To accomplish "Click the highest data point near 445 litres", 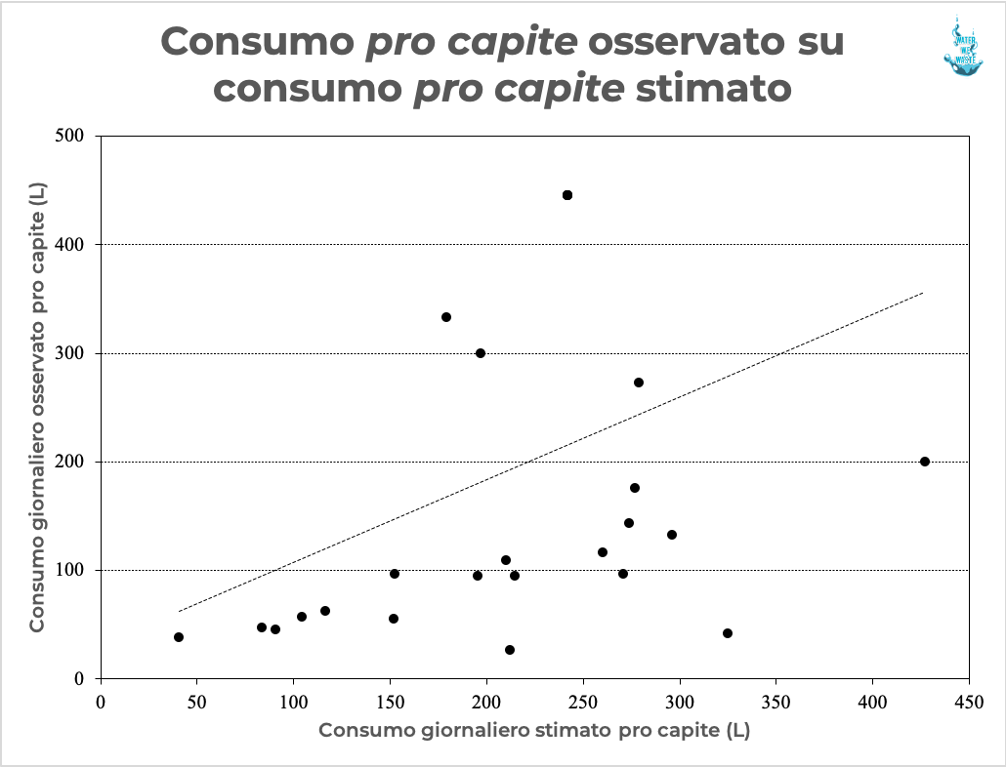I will click(x=567, y=195).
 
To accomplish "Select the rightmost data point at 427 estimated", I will click(x=925, y=462).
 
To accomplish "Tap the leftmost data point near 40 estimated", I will click(x=179, y=637).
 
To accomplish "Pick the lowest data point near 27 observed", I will click(x=510, y=650).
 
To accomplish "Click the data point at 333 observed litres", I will click(x=446, y=317).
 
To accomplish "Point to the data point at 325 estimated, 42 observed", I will click(x=728, y=633).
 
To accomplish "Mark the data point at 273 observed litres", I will click(x=639, y=383).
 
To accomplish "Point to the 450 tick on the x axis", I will click(x=969, y=700).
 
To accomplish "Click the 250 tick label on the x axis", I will click(x=583, y=700).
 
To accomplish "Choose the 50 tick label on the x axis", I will click(x=196, y=700).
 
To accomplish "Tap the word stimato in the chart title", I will click(x=713, y=89).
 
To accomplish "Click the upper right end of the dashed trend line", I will click(x=922, y=292).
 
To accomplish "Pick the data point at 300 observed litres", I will click(x=481, y=353).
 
